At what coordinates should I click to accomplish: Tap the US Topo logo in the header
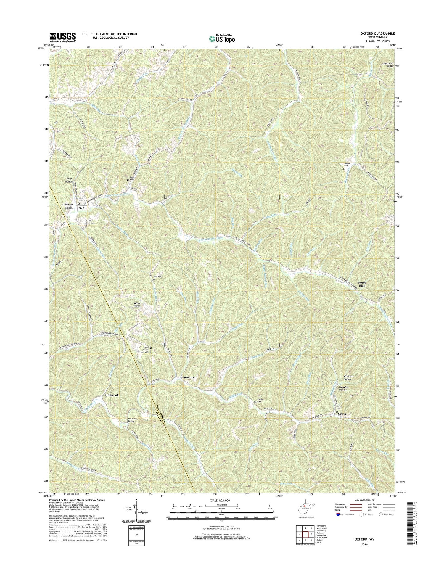[x=222, y=38]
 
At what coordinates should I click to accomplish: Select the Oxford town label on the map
[x=83, y=208]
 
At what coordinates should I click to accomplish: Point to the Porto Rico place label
[x=362, y=284]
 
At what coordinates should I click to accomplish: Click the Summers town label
[x=187, y=377]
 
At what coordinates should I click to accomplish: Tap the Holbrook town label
[x=112, y=395]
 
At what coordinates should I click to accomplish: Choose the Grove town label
[x=342, y=414]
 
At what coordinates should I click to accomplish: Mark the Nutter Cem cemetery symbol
[x=128, y=180]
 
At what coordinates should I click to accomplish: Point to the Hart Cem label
[x=158, y=276]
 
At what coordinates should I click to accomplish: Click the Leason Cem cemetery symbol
[x=255, y=402]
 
